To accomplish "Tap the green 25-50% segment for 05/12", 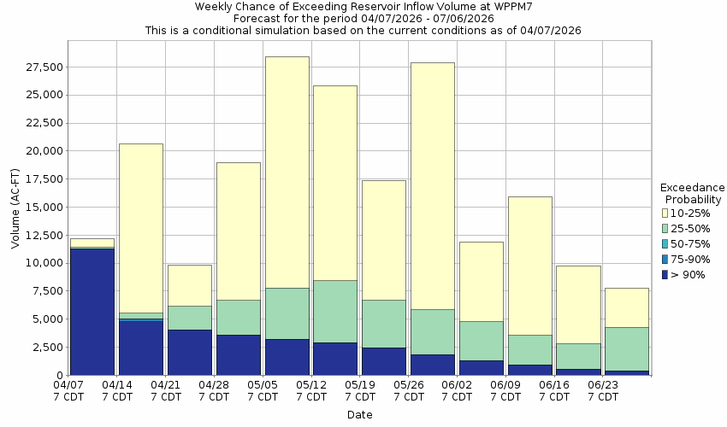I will (x=335, y=311).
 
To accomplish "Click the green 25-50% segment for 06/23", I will (x=627, y=348).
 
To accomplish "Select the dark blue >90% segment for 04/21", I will (x=189, y=352).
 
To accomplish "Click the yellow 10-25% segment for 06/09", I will (x=529, y=266).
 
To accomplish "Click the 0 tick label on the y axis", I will (x=60, y=376).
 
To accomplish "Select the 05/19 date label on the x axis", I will (x=360, y=391).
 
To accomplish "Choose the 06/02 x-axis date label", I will (x=458, y=391).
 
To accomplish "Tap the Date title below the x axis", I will (x=359, y=415).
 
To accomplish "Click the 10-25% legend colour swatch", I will (x=665, y=213).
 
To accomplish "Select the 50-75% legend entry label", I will (x=689, y=243).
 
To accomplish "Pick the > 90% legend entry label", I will (x=689, y=274).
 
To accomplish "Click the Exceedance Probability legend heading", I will (x=693, y=193).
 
